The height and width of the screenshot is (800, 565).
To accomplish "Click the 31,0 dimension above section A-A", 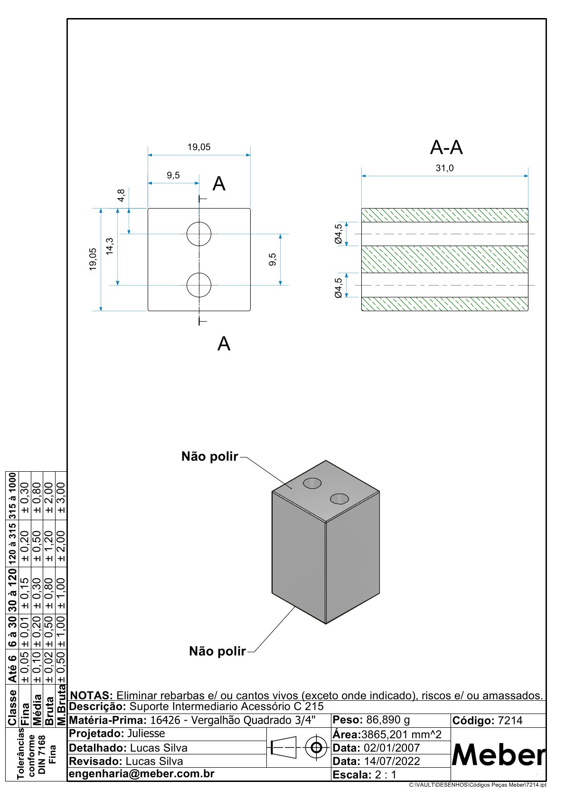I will coord(444,168).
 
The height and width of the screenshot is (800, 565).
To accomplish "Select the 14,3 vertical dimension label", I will coord(110,247).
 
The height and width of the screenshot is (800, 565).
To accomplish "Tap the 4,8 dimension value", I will coord(121,195).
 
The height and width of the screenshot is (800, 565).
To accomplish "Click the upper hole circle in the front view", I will coord(199,234).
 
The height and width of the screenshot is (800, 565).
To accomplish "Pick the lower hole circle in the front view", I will coord(199,285).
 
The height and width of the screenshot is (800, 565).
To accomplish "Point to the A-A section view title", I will coord(446,148).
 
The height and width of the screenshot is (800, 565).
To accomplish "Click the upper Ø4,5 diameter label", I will coord(339,234).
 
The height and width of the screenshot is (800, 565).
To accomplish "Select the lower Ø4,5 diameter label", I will coord(339,288).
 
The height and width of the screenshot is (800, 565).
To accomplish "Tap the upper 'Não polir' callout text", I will coord(209,457).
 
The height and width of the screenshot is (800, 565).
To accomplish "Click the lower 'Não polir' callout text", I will coord(217,651).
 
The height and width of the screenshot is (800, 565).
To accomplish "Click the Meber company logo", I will coord(499,754).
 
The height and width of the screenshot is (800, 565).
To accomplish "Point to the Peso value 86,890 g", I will coord(387,720).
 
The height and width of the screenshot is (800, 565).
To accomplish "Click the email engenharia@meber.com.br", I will coord(141,774).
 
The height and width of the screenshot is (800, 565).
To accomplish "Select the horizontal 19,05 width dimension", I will coord(198,147).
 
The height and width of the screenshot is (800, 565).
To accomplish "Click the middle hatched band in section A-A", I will coord(444,259).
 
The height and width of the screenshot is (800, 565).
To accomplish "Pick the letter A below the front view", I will coord(224,343).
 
